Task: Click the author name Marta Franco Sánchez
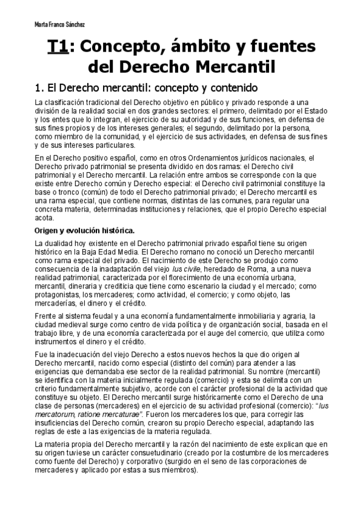pyautogui.click(x=59, y=25)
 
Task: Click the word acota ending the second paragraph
pyautogui.click(x=44, y=218)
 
